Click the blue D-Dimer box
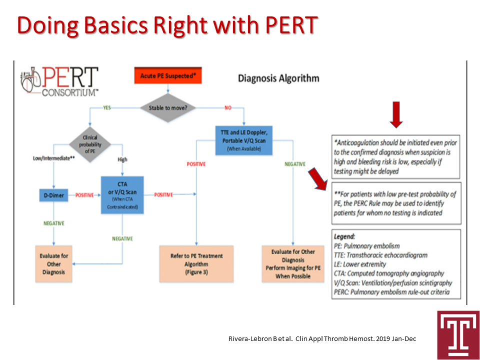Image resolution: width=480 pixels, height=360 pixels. click(x=52, y=195)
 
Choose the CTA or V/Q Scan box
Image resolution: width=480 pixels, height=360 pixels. click(x=122, y=194)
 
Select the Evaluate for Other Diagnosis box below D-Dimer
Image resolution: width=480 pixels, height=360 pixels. click(x=53, y=263)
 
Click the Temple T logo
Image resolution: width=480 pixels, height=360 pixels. click(x=454, y=334)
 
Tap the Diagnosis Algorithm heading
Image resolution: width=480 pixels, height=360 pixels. click(x=278, y=78)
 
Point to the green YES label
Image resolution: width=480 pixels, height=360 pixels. click(x=107, y=107)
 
